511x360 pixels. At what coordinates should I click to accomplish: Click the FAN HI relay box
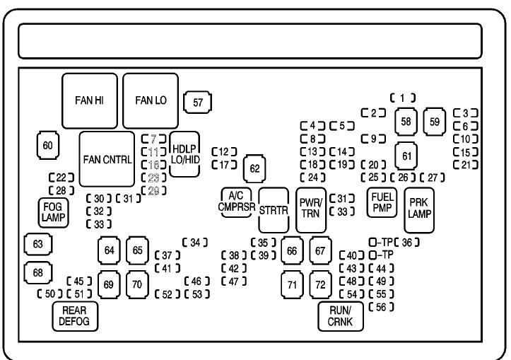[x=90, y=100]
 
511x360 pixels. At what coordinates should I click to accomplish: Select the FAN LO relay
[x=151, y=100]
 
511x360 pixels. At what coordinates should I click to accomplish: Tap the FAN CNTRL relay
[x=107, y=159]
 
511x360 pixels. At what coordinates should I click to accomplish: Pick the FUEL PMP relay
[x=382, y=203]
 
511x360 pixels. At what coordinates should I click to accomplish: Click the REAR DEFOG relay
[x=74, y=316]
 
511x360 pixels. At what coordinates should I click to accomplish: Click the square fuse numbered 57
[x=198, y=103]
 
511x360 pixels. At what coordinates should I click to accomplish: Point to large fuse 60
[x=47, y=146]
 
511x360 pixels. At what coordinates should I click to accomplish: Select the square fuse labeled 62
[x=255, y=168]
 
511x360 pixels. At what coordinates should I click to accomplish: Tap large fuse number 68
[x=37, y=272]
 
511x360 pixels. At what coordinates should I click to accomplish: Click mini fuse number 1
[x=402, y=98]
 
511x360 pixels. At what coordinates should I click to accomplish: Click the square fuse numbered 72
[x=320, y=284]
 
